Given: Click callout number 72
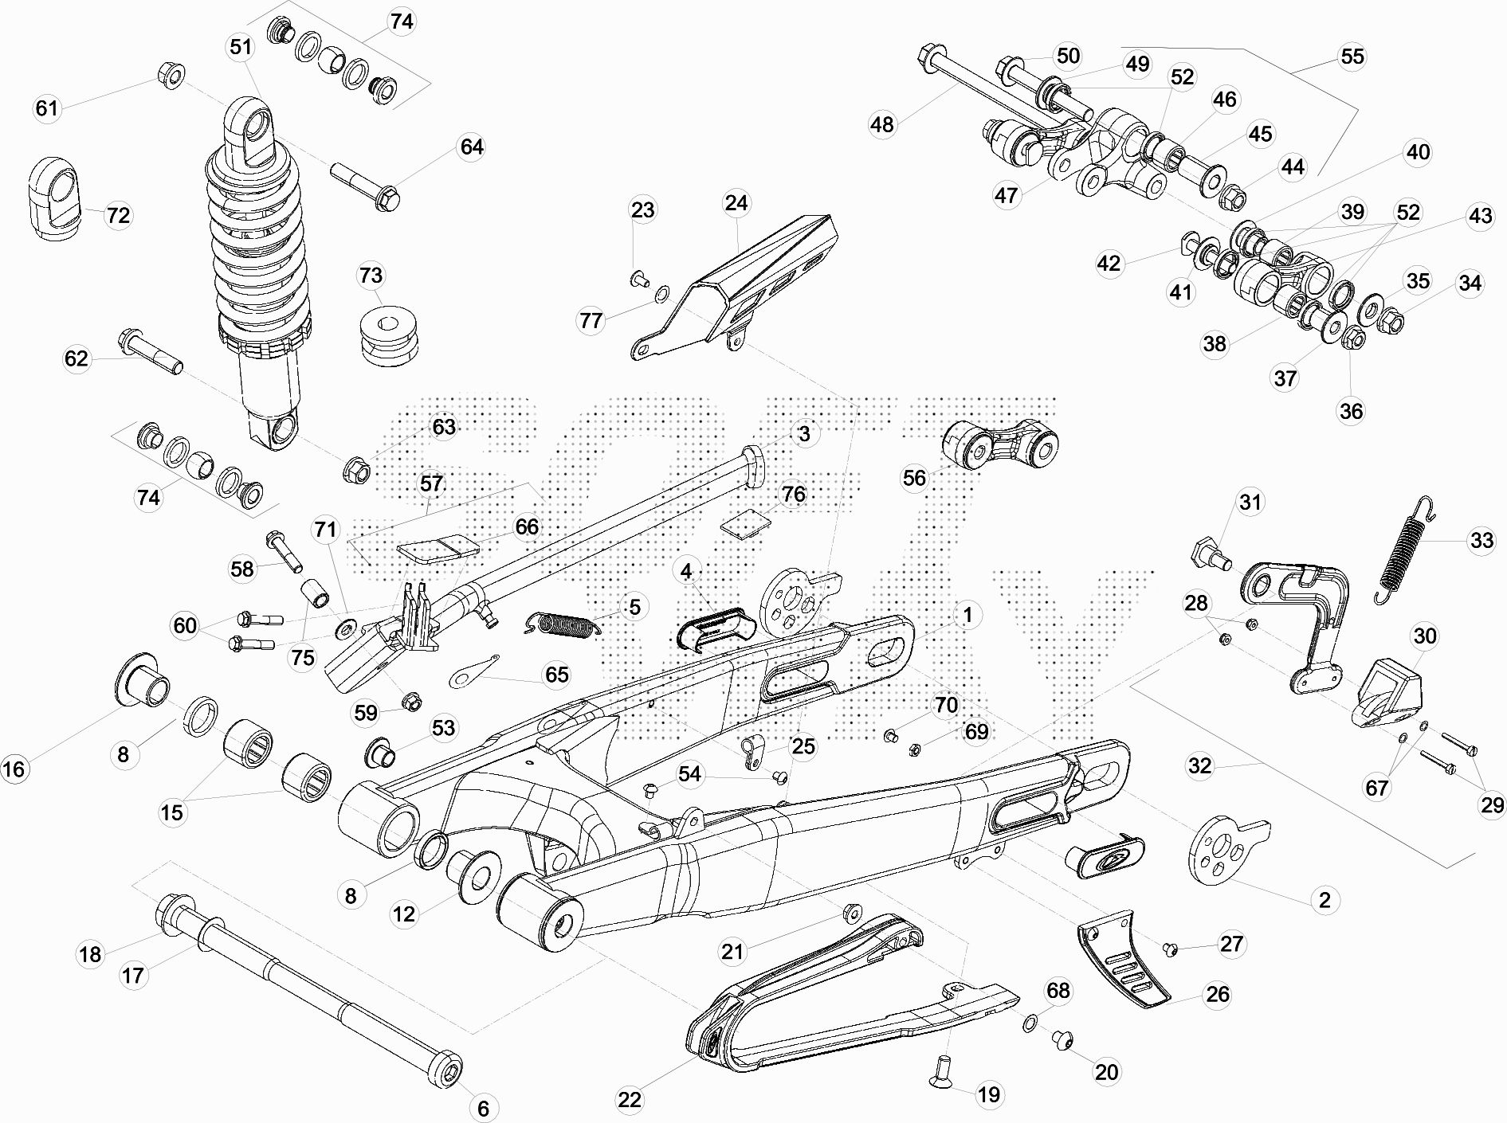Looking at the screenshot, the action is click(118, 215).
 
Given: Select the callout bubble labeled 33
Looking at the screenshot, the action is click(1481, 541).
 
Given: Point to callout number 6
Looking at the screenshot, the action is click(484, 1107).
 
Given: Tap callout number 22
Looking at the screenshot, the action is click(630, 1100).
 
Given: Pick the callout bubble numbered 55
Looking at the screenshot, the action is click(1352, 56).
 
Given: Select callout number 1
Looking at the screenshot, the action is click(967, 615).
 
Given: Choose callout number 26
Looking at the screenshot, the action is click(1218, 994).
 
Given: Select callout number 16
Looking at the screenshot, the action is click(14, 769).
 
